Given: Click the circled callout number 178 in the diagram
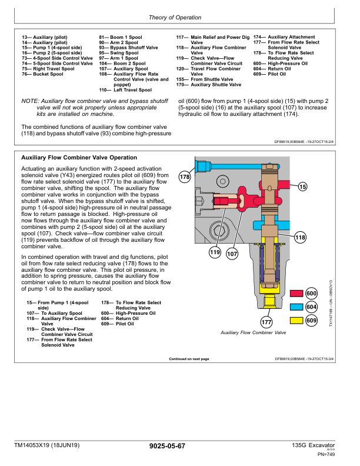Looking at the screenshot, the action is coord(185,177).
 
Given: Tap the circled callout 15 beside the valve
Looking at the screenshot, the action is coord(302,187).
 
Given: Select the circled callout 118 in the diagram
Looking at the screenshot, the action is coord(300,238).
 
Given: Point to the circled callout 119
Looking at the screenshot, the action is coord(215,252).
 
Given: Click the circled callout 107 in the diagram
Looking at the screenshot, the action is coord(232,254).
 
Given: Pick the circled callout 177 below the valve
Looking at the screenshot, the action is coord(266,322).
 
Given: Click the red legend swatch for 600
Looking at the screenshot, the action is coord(296,294).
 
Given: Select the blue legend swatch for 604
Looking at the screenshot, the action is coord(296,307).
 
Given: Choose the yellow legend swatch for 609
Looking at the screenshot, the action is coord(296,320).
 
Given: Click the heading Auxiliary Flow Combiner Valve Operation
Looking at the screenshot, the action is coord(79,158).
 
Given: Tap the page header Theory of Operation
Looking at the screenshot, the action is coord(175,18).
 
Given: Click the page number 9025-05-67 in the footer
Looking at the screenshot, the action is coord(167,446).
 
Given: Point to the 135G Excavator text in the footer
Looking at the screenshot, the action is coord(313,445).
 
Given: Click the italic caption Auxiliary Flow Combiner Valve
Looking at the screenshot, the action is coord(253,332).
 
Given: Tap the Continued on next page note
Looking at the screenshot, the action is coord(189,359).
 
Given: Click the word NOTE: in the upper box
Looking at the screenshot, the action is coord(31,101).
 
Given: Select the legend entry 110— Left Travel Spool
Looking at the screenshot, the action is coord(125,90).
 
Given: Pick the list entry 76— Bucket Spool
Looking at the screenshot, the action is coord(42,74).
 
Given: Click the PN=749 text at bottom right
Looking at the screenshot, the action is coord(326,454).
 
